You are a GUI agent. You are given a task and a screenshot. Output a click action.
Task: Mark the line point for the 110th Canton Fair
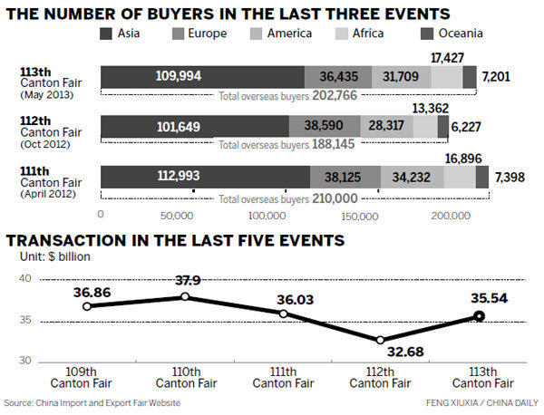pyautogui.click(x=186, y=296)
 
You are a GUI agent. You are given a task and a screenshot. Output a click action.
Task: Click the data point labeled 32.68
pyautogui.click(x=381, y=339)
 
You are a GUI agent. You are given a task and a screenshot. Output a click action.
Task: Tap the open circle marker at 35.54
pyautogui.click(x=478, y=316)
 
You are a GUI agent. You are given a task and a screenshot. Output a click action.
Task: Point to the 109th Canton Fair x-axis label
pyautogui.click(x=87, y=377)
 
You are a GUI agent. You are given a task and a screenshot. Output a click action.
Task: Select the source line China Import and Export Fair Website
pyautogui.click(x=92, y=401)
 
